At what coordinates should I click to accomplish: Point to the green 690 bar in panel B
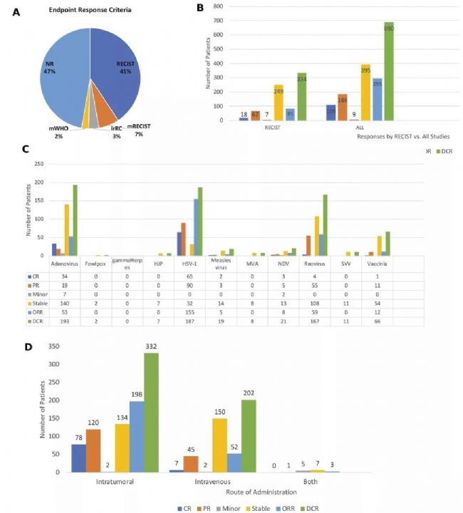click(390, 71)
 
